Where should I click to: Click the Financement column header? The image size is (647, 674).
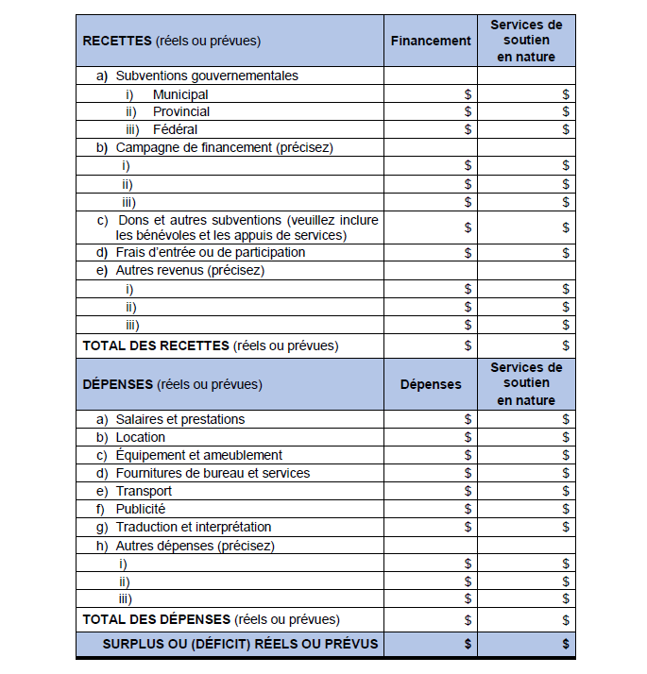coord(431,41)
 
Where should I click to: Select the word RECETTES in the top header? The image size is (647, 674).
coord(117,41)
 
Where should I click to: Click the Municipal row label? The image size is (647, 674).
coord(180,94)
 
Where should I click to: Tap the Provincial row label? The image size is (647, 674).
coord(181,111)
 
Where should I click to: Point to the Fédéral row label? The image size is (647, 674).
coord(175,129)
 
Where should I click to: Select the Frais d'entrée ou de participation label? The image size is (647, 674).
coord(210,252)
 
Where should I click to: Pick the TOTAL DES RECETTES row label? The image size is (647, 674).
coord(157,345)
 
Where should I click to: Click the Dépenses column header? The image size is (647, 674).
coord(431,384)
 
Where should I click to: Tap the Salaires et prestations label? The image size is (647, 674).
coord(179,419)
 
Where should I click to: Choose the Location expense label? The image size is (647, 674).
coord(140,437)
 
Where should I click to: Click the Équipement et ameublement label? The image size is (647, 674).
coord(198,455)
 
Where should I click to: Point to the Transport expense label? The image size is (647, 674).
coord(144,491)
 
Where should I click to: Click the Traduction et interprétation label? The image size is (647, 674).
coord(193,527)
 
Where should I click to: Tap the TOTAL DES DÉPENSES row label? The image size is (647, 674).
coord(157,619)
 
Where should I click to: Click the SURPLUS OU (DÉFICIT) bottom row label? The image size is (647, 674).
coord(240,644)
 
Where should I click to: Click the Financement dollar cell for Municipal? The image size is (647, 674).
coord(468,94)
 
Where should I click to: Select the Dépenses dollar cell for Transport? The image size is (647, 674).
coord(468,491)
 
